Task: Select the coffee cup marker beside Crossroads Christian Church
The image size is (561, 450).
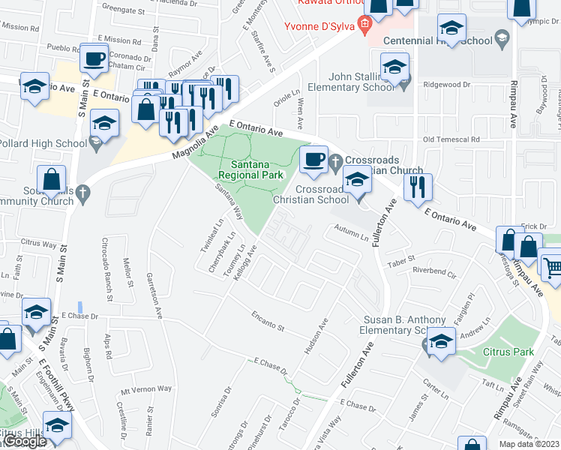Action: (313, 158)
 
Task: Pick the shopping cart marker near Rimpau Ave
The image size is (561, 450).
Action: (552, 266)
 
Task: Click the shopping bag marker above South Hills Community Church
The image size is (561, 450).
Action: (51, 180)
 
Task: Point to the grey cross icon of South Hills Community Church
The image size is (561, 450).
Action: (83, 193)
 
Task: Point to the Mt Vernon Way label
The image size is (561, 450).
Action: (146, 390)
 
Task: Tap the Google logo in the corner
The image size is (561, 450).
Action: (24, 441)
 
